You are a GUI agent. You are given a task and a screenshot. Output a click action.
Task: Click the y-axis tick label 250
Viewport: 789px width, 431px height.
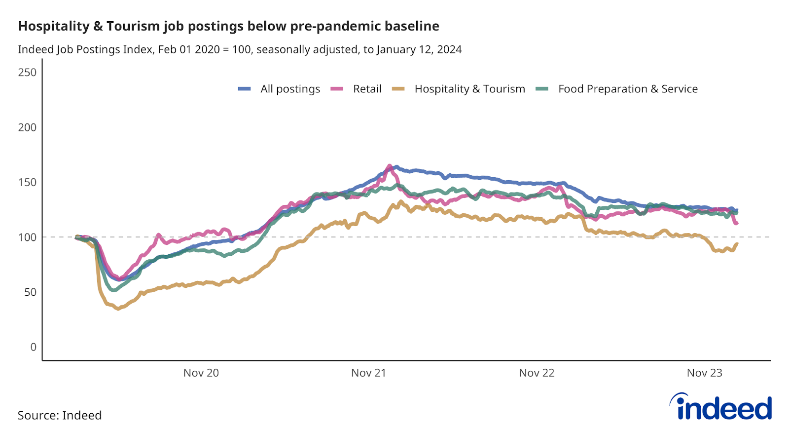pyautogui.click(x=27, y=73)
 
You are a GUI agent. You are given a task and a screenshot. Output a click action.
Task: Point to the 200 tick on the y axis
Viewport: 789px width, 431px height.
pyautogui.click(x=27, y=127)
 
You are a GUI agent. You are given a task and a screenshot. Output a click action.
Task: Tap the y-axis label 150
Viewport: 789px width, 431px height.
pyautogui.click(x=27, y=182)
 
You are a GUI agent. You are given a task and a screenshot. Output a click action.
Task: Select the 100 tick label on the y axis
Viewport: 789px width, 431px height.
pyautogui.click(x=27, y=237)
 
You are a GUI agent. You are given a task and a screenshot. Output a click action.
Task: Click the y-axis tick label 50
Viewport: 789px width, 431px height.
pyautogui.click(x=30, y=292)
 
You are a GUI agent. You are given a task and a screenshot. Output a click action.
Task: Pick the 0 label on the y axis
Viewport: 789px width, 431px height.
pyautogui.click(x=33, y=347)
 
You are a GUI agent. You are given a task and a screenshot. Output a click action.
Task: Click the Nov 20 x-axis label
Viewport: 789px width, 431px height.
pyautogui.click(x=201, y=373)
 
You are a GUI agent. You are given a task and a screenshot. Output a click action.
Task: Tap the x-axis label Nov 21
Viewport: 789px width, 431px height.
pyautogui.click(x=368, y=373)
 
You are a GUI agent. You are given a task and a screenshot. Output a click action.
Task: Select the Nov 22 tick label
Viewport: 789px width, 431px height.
pyautogui.click(x=537, y=373)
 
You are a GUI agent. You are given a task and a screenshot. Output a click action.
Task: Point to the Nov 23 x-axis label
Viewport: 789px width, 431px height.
pyautogui.click(x=704, y=373)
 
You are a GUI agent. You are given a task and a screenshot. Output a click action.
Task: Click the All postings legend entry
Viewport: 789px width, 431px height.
pyautogui.click(x=290, y=89)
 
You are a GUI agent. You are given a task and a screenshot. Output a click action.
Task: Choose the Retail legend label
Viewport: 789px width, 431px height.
pyautogui.click(x=367, y=89)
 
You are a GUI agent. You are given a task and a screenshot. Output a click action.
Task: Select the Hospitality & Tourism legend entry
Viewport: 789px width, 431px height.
pyautogui.click(x=469, y=89)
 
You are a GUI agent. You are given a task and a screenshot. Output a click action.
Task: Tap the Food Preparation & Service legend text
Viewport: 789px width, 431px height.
pyautogui.click(x=628, y=89)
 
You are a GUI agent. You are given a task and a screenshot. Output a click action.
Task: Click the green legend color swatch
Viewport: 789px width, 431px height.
pyautogui.click(x=542, y=89)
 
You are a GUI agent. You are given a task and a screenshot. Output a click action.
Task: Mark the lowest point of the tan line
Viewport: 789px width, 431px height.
pyautogui.click(x=118, y=309)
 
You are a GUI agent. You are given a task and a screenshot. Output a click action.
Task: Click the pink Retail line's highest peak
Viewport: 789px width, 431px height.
pyautogui.click(x=390, y=166)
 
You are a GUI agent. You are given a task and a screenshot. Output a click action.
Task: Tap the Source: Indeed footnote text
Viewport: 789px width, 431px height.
pyautogui.click(x=60, y=415)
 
